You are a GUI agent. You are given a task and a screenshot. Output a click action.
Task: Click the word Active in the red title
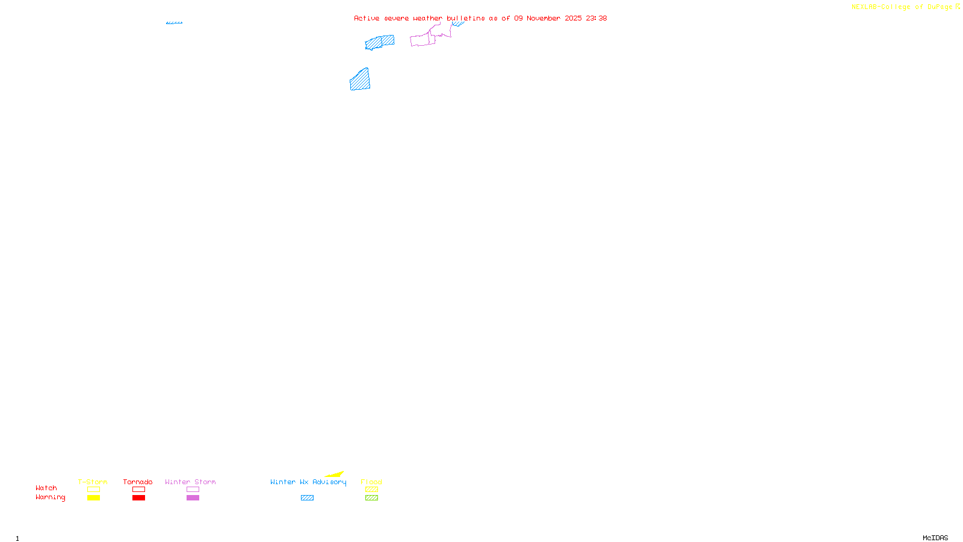(x=367, y=19)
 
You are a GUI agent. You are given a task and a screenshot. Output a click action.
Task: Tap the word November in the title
(x=543, y=19)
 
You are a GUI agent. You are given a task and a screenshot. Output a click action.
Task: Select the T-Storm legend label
(x=93, y=482)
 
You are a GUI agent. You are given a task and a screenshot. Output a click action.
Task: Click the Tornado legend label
(x=138, y=482)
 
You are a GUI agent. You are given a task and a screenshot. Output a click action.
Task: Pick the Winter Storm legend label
(x=190, y=482)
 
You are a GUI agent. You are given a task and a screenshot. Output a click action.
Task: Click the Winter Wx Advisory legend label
(x=308, y=482)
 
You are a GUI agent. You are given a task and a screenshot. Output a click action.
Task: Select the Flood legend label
(x=371, y=482)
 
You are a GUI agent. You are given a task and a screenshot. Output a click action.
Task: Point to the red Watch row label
(x=46, y=488)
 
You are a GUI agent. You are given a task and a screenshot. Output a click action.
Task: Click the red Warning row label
(x=51, y=497)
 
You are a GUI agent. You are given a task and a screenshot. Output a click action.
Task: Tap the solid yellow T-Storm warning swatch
(x=93, y=498)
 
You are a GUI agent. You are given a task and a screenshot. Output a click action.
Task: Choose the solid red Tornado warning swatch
(x=138, y=498)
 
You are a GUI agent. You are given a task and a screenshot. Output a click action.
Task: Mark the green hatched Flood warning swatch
(x=371, y=498)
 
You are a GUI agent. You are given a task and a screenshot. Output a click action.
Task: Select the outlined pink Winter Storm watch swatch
(x=193, y=490)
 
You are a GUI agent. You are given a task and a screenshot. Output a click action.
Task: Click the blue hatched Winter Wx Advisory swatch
(x=307, y=498)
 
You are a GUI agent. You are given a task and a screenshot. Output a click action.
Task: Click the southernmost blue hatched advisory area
(x=360, y=80)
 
